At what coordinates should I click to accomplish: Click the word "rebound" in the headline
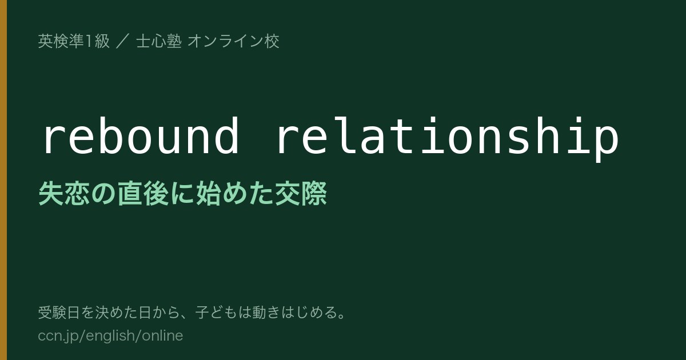[x=141, y=135]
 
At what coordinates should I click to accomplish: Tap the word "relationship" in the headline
[x=448, y=139]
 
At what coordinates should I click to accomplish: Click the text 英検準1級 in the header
[x=74, y=41]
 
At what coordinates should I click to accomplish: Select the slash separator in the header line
[x=123, y=41]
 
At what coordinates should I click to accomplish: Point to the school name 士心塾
[x=159, y=41]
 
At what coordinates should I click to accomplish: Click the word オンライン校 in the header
[x=233, y=41]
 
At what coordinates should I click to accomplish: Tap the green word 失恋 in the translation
[x=64, y=193]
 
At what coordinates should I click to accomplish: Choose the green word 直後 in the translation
[x=143, y=193]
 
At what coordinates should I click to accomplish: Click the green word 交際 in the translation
[x=301, y=193]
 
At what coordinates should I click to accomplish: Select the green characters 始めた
[x=235, y=193]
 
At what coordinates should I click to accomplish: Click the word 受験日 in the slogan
[x=59, y=313]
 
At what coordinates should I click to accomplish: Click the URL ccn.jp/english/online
[x=110, y=336]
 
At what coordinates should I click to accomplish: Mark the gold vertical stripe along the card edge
[x=3, y=180]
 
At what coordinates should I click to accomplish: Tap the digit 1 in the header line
[x=89, y=41]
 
